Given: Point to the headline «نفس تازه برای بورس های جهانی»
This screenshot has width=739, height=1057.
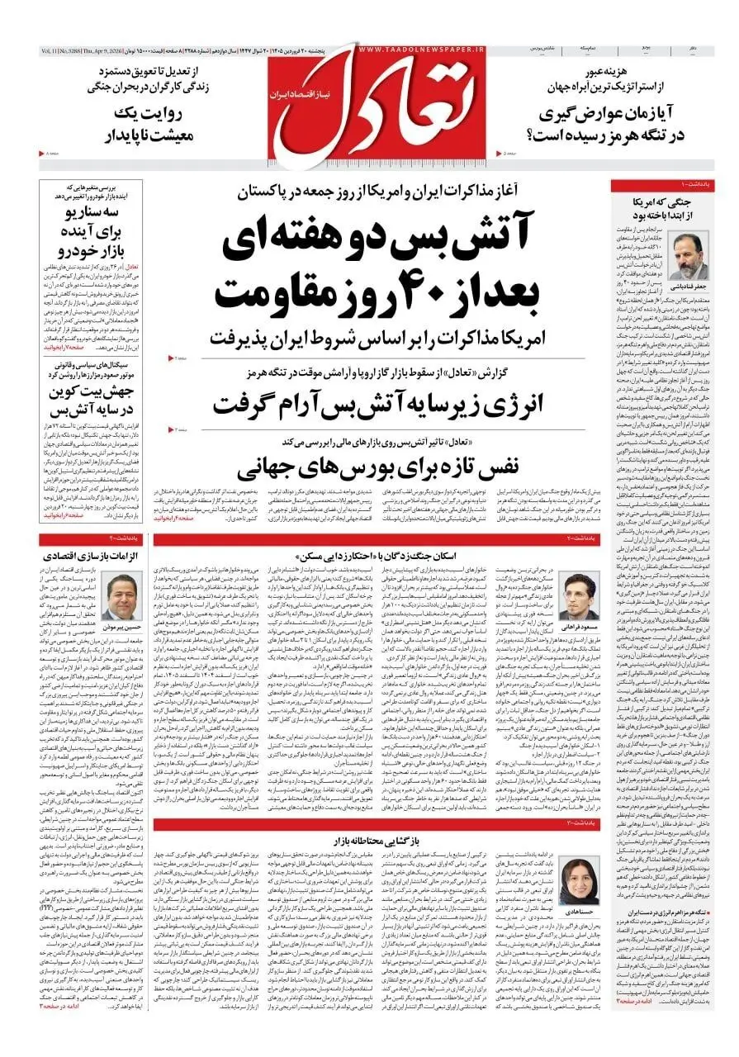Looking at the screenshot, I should tap(368, 468).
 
